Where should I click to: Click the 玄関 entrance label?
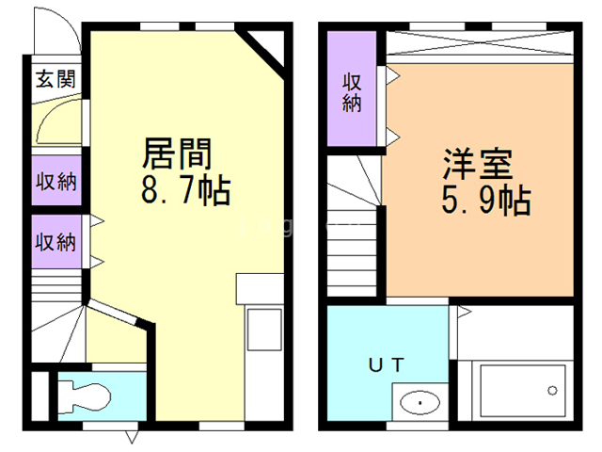tap(55, 79)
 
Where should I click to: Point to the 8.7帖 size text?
tap(184, 191)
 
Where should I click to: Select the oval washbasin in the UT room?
tap(418, 403)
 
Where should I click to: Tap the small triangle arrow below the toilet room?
tap(131, 437)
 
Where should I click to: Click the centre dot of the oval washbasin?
tap(418, 404)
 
